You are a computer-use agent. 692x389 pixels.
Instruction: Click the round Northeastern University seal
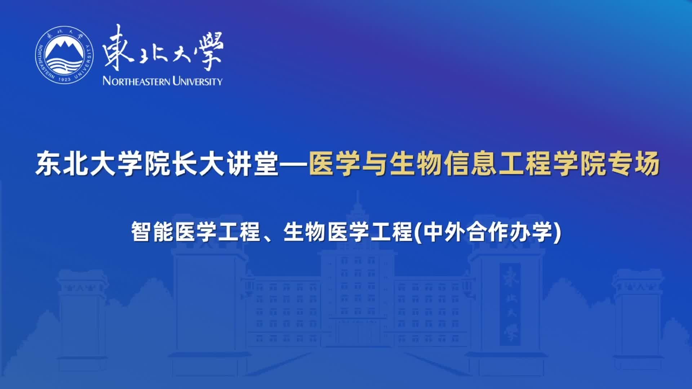(64, 55)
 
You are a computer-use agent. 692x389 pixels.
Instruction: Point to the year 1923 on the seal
(64, 79)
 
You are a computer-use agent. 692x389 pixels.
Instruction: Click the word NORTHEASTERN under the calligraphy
(136, 81)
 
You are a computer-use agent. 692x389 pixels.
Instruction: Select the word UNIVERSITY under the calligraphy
(198, 81)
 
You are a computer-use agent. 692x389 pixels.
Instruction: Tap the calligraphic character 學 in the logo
(208, 50)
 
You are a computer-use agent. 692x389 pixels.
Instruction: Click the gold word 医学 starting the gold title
(336, 164)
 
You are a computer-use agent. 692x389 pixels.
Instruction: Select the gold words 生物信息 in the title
(444, 164)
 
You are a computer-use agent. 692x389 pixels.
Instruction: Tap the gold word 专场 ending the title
(633, 164)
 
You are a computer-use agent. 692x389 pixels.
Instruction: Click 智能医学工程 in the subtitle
(196, 232)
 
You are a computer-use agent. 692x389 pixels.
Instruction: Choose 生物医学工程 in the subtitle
(348, 232)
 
